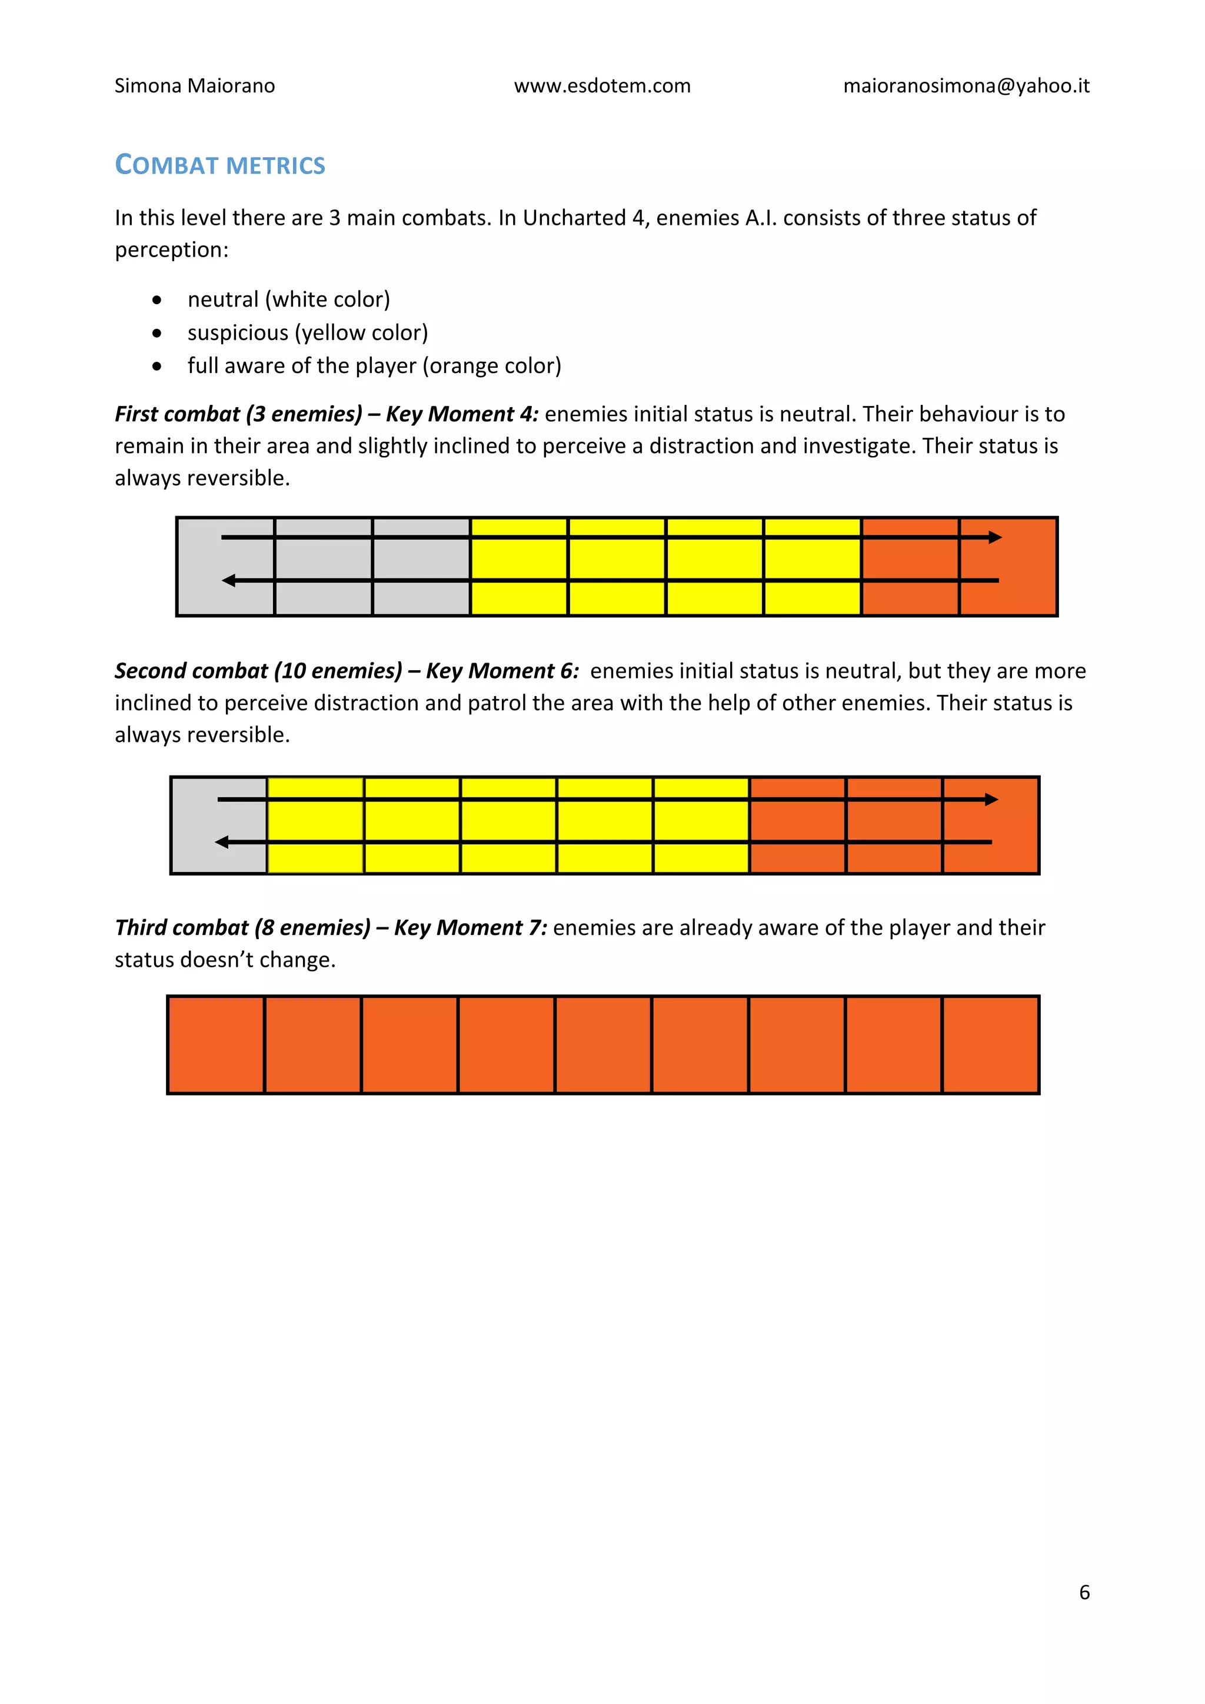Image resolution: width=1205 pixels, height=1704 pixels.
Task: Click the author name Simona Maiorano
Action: [194, 86]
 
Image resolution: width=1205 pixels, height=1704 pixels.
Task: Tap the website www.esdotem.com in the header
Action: [602, 86]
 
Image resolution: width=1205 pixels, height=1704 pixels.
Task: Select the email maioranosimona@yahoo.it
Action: [966, 86]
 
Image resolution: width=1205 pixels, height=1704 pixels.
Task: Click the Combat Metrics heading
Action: [219, 165]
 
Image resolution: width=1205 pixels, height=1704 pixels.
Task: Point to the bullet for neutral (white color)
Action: [157, 301]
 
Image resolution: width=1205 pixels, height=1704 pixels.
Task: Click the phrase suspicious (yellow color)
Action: [307, 332]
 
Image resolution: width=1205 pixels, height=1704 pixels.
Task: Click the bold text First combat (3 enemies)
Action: [238, 414]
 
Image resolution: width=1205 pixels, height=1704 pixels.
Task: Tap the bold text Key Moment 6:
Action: [502, 671]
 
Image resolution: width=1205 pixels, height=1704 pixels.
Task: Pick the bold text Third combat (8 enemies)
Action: [242, 928]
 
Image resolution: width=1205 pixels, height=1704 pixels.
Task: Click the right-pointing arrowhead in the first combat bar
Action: [996, 537]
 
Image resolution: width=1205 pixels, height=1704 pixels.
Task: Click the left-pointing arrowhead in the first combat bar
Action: [228, 580]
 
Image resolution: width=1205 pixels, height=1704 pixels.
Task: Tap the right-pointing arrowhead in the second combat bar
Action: [991, 799]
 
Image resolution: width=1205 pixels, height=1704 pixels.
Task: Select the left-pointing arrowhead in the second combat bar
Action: [222, 841]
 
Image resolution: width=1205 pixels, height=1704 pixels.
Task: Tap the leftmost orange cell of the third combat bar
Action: [216, 1045]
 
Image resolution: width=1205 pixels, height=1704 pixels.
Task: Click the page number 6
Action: [1084, 1593]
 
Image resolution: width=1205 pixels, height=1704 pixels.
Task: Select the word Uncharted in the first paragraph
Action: [574, 218]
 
